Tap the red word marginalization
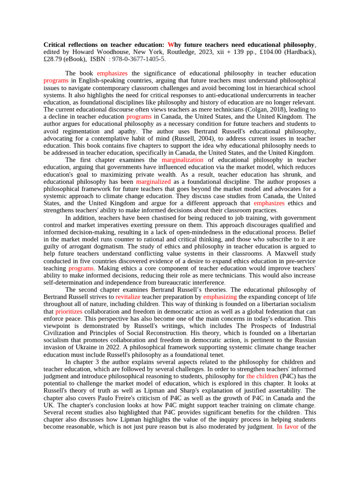[x=181, y=160]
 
